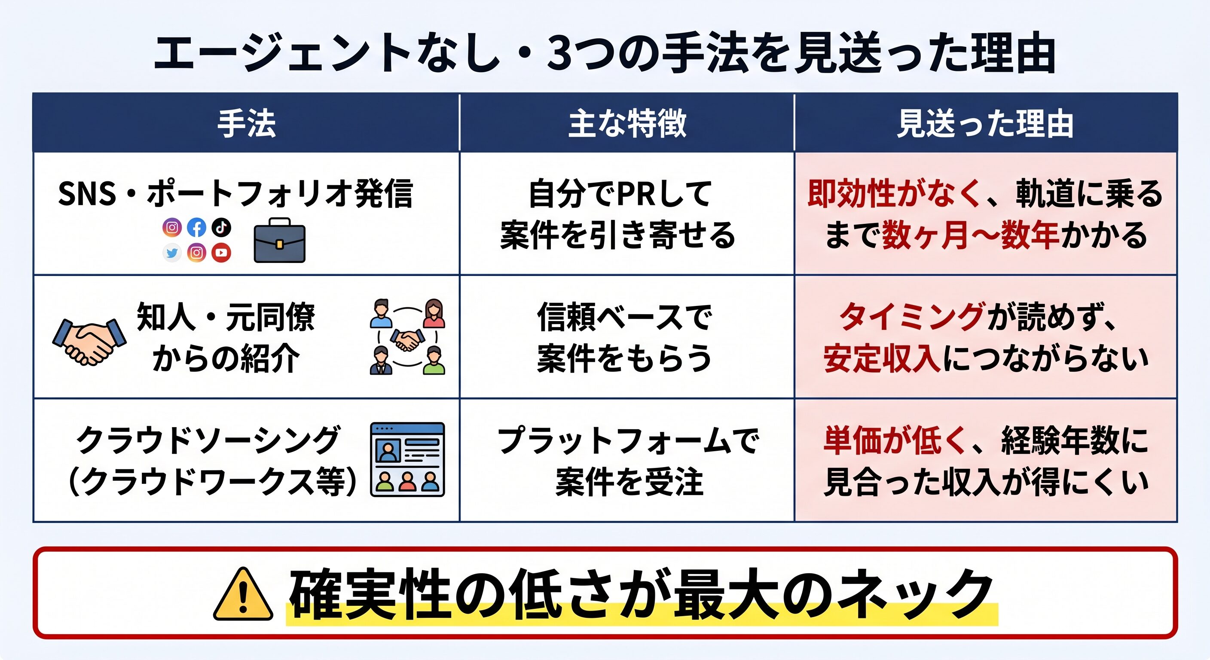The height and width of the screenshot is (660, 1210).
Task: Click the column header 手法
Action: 246,124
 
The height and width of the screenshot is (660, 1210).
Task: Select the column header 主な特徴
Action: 627,124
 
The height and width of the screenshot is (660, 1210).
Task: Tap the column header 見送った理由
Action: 985,124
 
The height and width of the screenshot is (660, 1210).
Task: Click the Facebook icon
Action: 196,228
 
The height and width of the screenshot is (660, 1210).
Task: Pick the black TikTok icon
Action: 221,227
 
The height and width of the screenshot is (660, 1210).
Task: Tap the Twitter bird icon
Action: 172,253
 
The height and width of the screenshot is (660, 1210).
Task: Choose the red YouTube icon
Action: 221,253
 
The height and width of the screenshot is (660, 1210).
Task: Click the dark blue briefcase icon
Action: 279,241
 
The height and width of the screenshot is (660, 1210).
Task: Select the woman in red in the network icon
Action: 434,313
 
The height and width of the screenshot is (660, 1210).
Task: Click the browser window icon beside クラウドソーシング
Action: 407,459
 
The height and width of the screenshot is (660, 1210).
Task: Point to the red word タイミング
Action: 912,317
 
